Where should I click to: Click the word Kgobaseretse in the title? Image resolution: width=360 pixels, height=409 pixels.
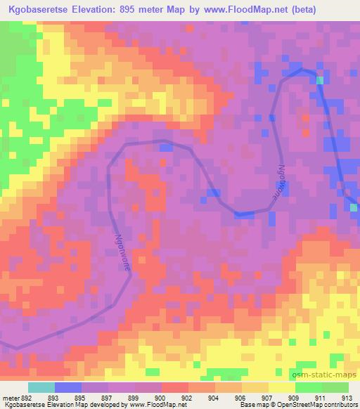pyautogui.click(x=35, y=10)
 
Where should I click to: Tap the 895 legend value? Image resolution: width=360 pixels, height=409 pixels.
pyautogui.click(x=82, y=397)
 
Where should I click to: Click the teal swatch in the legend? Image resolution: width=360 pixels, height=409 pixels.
pyautogui.click(x=41, y=387)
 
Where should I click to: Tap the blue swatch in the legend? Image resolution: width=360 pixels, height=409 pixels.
pyautogui.click(x=68, y=387)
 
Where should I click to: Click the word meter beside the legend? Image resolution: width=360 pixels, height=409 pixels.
pyautogui.click(x=11, y=397)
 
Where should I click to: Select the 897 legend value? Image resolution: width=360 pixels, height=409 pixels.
pyautogui.click(x=108, y=397)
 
